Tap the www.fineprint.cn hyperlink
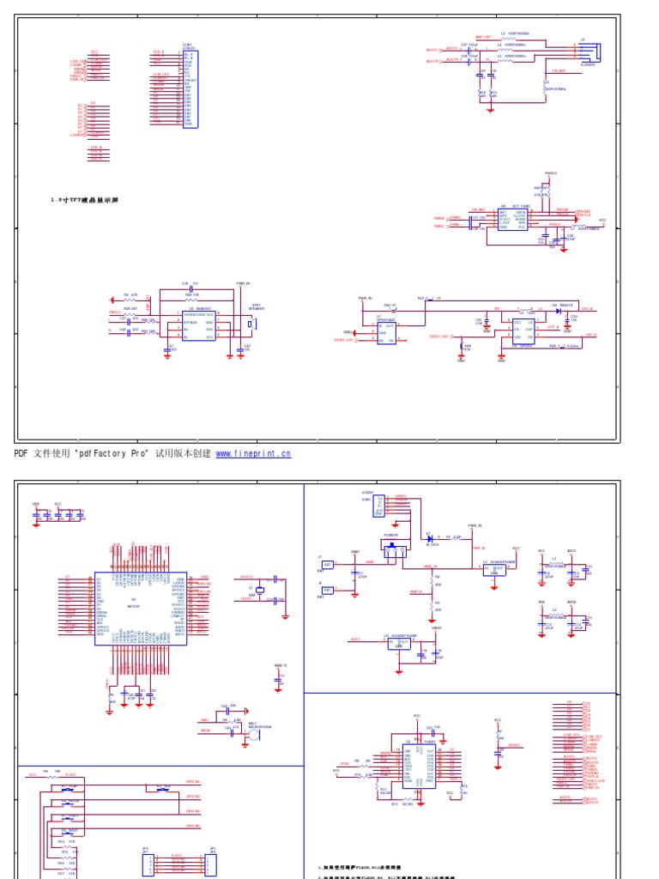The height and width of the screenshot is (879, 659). (253, 453)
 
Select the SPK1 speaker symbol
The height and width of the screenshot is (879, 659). (252, 324)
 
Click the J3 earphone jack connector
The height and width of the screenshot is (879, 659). (589, 51)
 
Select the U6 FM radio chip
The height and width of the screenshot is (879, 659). (512, 219)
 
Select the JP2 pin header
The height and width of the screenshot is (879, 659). (210, 863)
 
